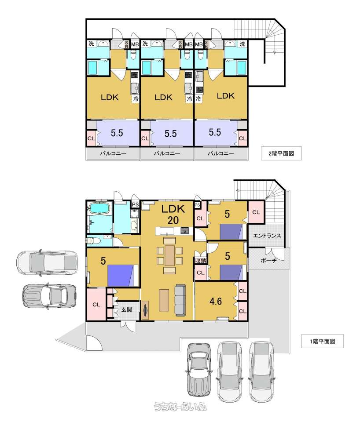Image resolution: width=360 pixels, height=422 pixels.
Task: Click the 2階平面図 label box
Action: pyautogui.click(x=281, y=153)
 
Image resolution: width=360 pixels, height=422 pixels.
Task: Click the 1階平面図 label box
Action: pyautogui.click(x=322, y=341)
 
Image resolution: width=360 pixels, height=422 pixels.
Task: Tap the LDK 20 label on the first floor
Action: pyautogui.click(x=173, y=215)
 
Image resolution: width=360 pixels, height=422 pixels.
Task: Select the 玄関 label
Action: pyautogui.click(x=126, y=309)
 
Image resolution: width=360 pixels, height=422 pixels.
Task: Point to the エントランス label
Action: pyautogui.click(x=267, y=236)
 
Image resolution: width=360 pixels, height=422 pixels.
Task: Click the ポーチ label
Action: pyautogui.click(x=268, y=260)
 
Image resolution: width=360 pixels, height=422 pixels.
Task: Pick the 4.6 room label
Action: pyautogui.click(x=216, y=301)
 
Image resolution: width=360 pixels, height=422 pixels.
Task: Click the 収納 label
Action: pyautogui.click(x=201, y=261)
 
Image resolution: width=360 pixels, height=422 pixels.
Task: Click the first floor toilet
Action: pyautogui.click(x=94, y=240)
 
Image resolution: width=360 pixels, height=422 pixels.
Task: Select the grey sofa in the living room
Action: pyautogui.click(x=180, y=299)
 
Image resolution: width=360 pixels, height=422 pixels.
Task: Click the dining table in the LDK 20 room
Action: pyautogui.click(x=170, y=255)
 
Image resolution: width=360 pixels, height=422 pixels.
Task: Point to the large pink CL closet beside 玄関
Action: pyautogui.click(x=96, y=304)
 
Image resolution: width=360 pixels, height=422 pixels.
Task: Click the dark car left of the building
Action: pyautogui.click(x=49, y=296)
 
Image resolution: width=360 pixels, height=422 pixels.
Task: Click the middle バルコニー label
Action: pyautogui.click(x=167, y=153)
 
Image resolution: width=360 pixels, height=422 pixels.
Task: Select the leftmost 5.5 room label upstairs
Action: pyautogui.click(x=117, y=133)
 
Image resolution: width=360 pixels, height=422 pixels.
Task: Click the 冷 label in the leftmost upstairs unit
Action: pyautogui.click(x=136, y=99)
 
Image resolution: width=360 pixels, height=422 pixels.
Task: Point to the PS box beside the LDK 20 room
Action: pyautogui.click(x=135, y=204)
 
